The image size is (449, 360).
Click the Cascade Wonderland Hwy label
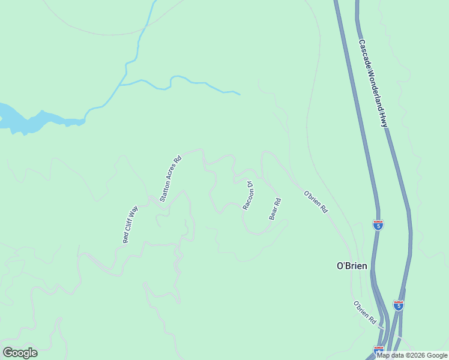(x=373, y=83)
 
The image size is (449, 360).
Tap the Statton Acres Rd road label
(x=170, y=179)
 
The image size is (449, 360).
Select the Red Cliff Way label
(x=130, y=224)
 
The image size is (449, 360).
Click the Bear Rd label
(x=275, y=209)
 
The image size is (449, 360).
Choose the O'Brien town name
(x=351, y=266)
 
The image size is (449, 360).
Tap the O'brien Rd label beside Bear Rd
(x=316, y=202)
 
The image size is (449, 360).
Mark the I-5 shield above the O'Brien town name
(x=378, y=224)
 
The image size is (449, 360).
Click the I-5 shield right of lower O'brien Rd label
(x=398, y=305)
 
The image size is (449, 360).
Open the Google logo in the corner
(x=20, y=353)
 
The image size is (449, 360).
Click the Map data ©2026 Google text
(x=412, y=355)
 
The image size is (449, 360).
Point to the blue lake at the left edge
(x=24, y=120)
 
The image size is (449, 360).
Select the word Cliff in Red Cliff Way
(x=130, y=225)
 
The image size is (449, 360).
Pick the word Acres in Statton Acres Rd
(x=171, y=176)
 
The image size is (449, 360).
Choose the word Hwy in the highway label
(x=384, y=121)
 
